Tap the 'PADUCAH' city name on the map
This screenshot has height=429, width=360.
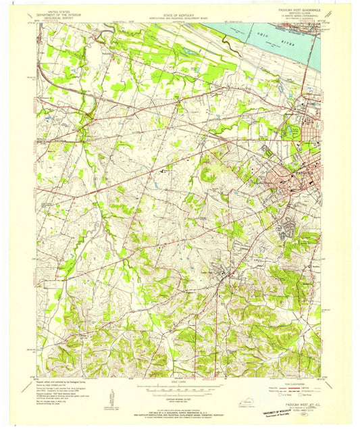click(x=301, y=173)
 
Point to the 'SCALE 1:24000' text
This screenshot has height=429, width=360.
click(x=179, y=382)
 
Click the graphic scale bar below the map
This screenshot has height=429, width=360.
click(x=179, y=387)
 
